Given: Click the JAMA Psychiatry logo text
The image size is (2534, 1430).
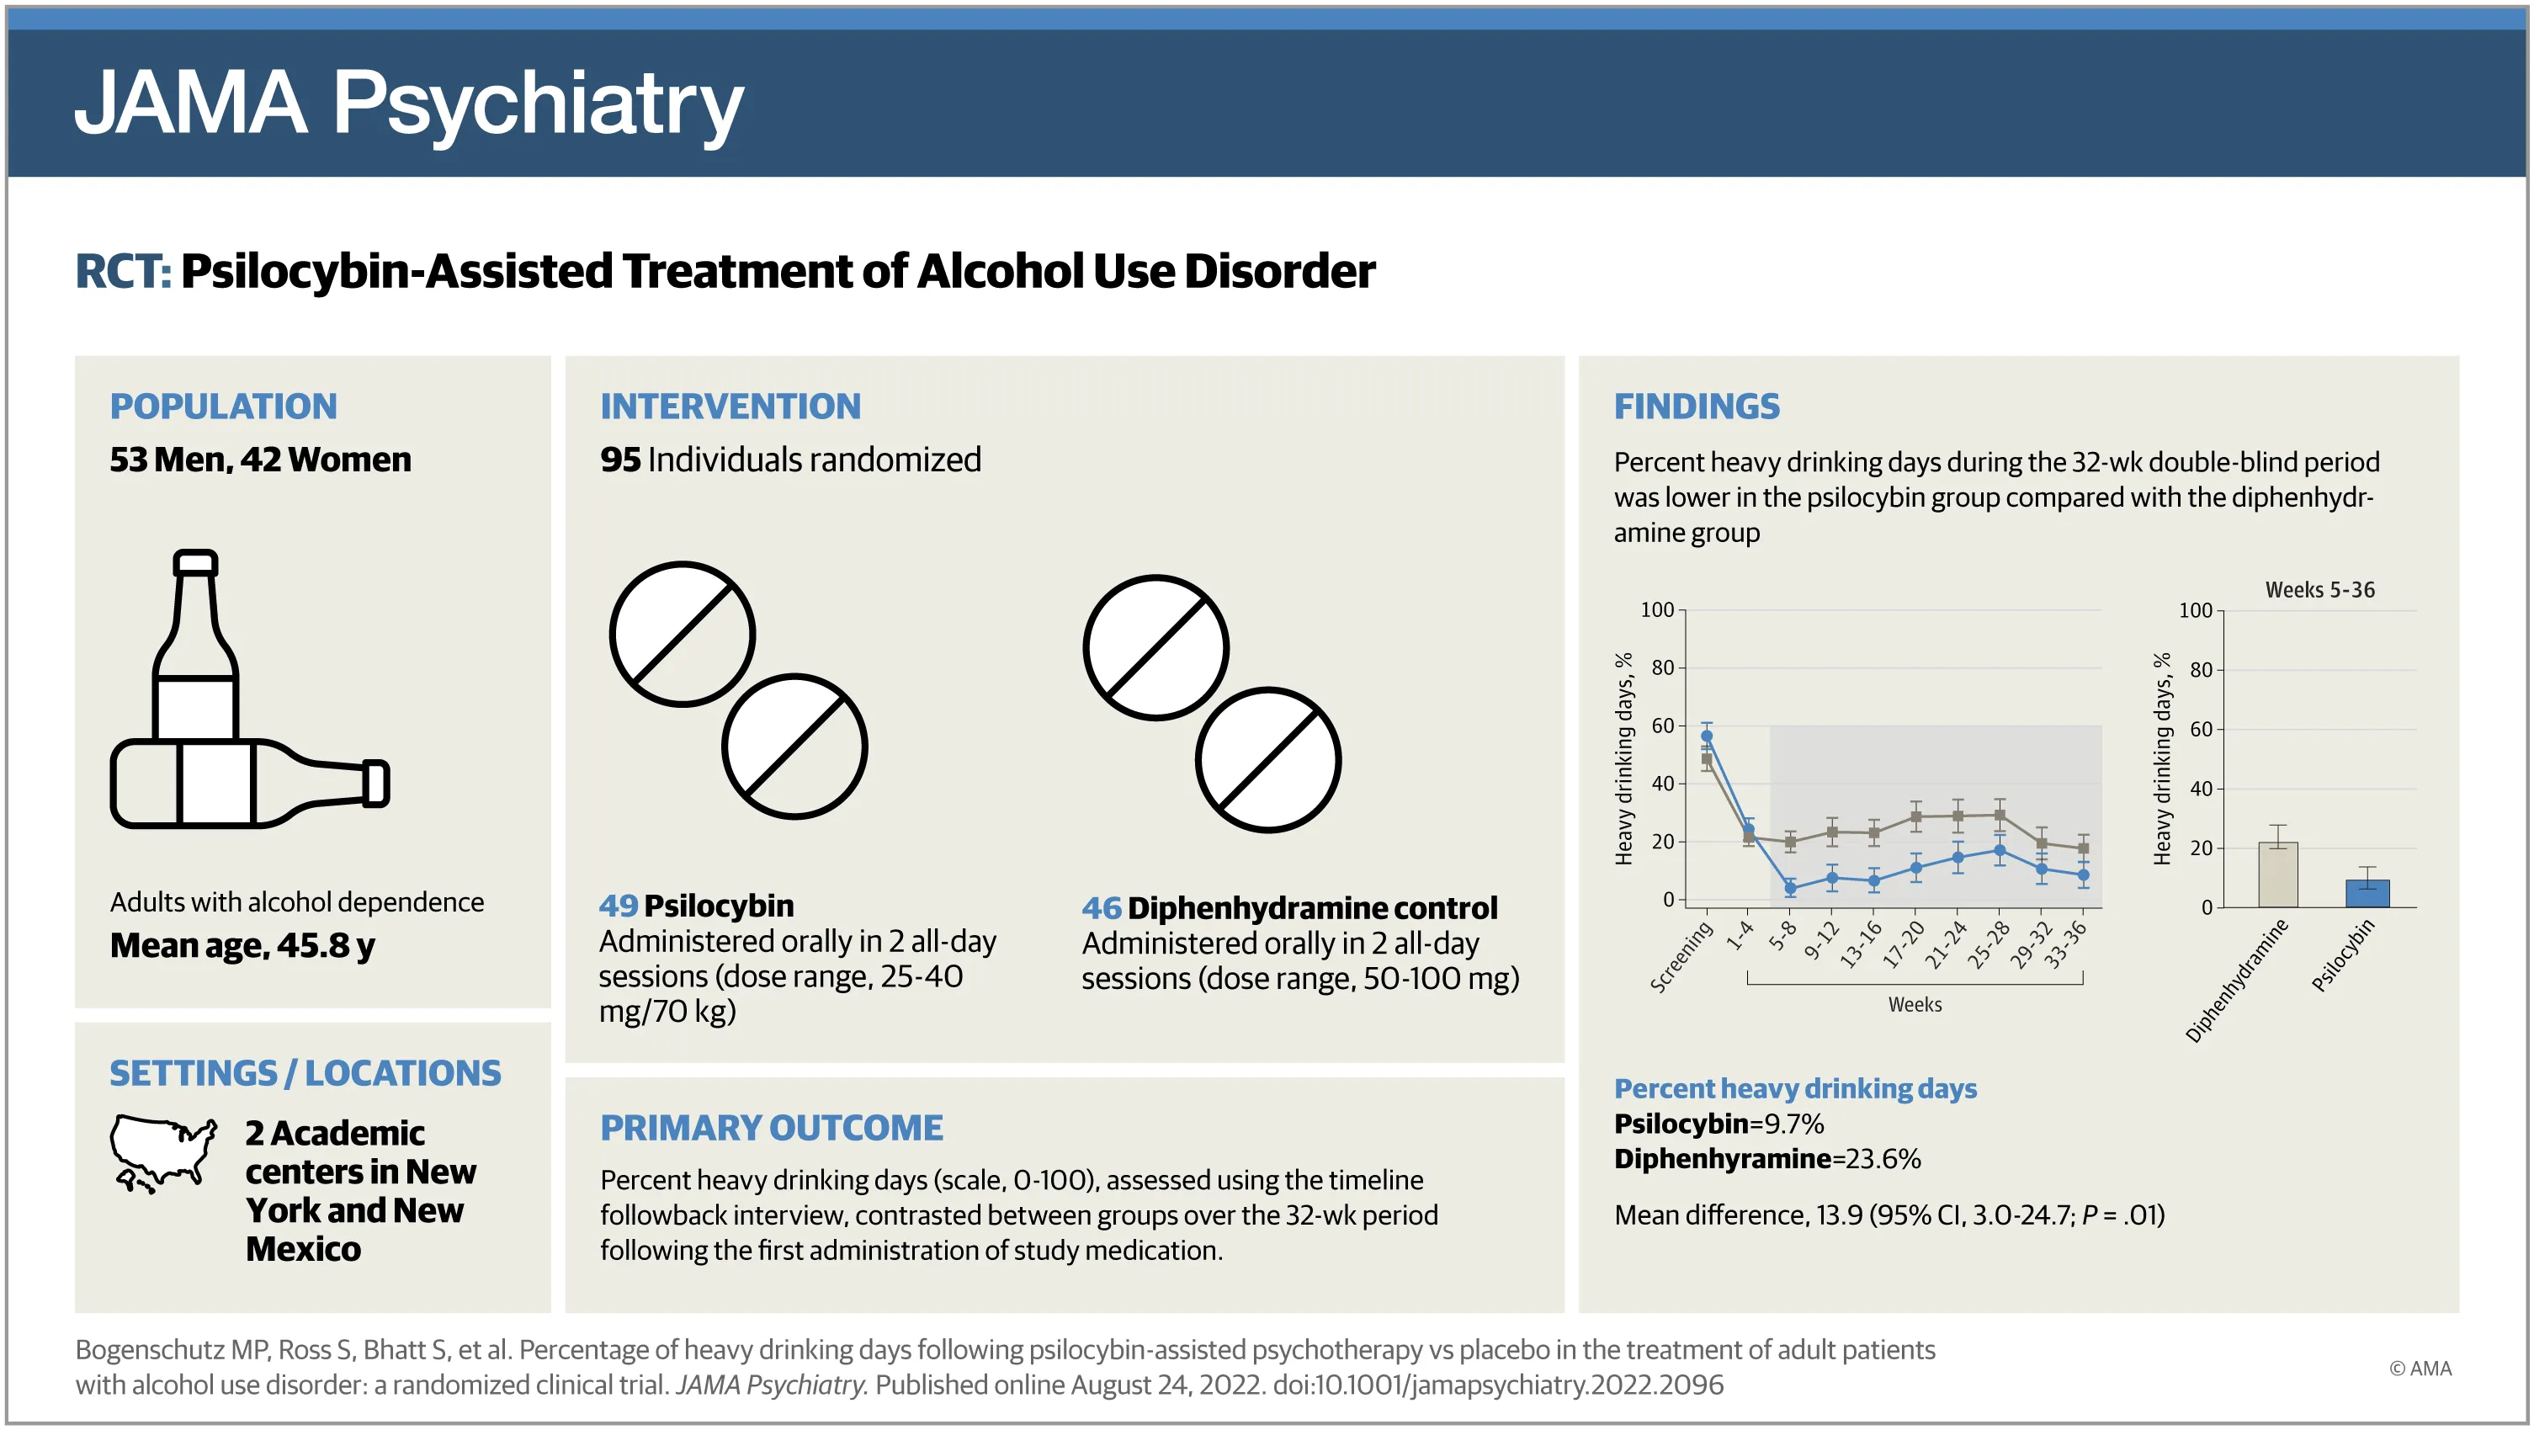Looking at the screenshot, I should (408, 104).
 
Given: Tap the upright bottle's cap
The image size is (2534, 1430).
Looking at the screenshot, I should (194, 562).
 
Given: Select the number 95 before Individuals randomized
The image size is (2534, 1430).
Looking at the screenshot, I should (619, 460).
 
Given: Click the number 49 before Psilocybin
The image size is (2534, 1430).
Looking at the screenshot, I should (618, 905).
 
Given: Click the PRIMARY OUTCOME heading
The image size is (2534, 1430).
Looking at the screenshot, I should (771, 1127).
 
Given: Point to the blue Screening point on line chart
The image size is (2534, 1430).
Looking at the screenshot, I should (1707, 736).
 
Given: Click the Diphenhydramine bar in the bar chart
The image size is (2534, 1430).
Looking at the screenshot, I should (2278, 874).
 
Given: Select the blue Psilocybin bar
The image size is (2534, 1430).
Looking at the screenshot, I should (2367, 893).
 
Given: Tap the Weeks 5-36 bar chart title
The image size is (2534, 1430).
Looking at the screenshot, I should (2319, 590).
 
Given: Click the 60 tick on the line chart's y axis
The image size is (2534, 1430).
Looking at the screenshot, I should (1662, 726).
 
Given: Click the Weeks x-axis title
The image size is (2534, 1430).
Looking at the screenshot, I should (1915, 1004).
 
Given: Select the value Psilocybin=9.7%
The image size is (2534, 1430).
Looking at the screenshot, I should (1719, 1123).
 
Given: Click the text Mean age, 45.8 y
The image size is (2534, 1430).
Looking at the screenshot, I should (242, 945).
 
